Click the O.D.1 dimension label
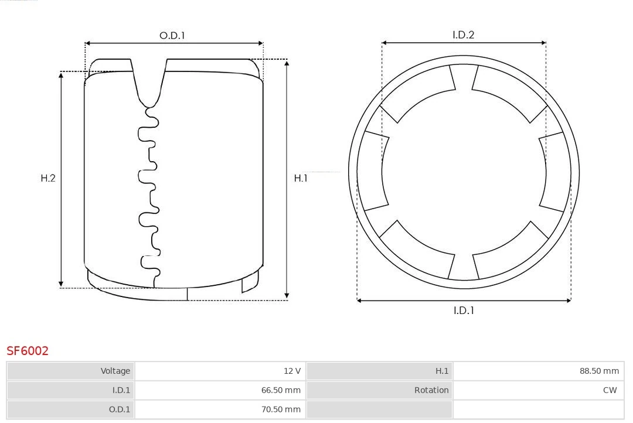coord(172,36)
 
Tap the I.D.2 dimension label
coord(463,35)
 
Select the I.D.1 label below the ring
coord(464,311)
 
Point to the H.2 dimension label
coord(48,178)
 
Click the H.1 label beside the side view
coord(301,178)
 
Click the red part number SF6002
coord(28,351)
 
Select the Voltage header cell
coord(71,371)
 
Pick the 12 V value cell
coord(220,371)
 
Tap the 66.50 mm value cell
coord(220,390)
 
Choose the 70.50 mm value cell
coord(220,410)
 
